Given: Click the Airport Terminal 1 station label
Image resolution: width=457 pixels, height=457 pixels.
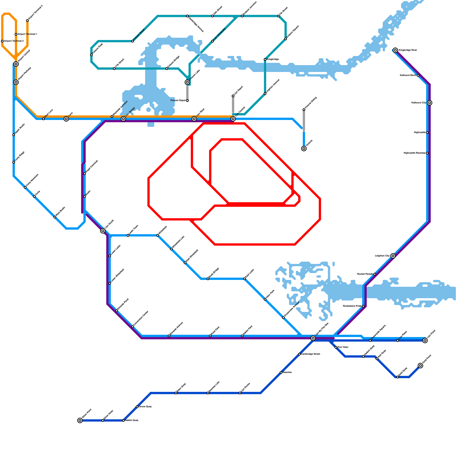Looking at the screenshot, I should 27,34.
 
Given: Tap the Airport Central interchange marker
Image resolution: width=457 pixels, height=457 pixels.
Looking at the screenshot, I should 16,64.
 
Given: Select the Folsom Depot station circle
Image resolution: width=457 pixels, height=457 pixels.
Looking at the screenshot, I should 187,101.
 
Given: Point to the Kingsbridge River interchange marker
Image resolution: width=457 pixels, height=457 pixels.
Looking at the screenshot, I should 395,50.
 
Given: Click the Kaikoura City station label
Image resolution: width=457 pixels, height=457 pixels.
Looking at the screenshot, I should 419,103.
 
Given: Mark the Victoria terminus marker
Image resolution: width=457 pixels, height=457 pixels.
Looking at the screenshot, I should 304,149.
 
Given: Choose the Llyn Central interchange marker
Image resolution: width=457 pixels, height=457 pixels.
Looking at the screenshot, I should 233,119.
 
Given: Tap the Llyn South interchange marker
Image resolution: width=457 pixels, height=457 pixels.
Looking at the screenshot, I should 103,231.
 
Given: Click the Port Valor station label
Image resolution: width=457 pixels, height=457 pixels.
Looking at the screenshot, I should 343,347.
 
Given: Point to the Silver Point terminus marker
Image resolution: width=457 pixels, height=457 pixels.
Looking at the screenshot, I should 80,420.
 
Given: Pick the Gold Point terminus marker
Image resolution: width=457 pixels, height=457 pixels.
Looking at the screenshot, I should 420,366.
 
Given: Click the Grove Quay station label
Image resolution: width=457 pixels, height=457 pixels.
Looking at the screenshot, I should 145,407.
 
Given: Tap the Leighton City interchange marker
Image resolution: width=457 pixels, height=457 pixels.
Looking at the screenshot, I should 393,256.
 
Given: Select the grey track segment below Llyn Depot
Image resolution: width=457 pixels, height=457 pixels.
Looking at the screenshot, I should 233,106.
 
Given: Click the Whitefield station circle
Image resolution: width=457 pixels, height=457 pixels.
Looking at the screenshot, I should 158,235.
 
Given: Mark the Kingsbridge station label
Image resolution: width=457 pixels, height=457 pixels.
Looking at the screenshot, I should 273,59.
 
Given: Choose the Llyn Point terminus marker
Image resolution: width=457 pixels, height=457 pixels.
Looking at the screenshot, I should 425,340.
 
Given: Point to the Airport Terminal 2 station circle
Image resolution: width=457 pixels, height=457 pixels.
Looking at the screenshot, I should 2,41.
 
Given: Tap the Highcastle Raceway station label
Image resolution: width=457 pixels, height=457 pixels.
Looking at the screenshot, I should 414,153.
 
